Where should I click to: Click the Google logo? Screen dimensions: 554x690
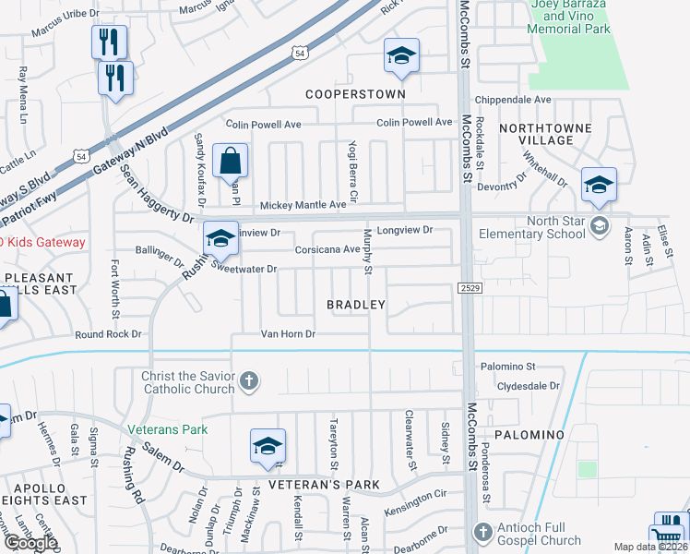30,543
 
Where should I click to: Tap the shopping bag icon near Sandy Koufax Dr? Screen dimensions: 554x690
230,161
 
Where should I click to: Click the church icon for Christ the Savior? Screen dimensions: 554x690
248,380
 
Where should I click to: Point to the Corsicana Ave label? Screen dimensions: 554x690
327,249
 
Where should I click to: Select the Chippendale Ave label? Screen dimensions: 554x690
513,100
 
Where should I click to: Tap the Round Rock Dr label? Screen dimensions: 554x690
109,334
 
